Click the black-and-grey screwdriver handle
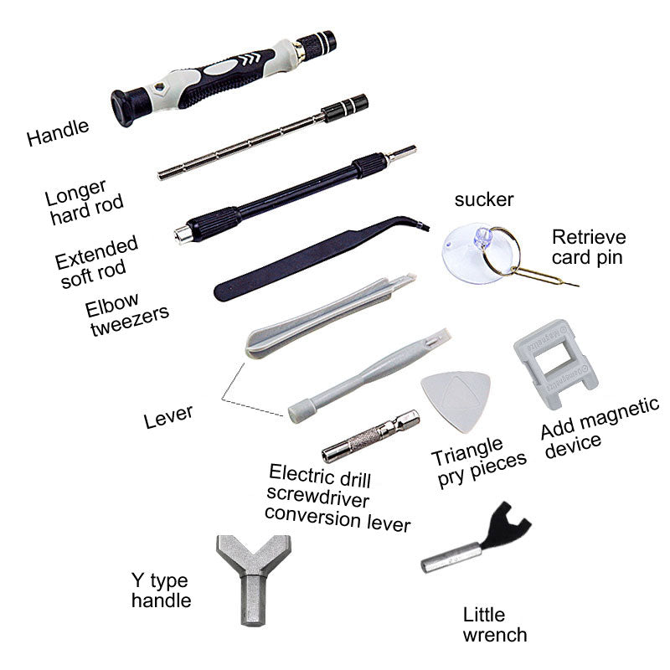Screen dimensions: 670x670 pos(222,78)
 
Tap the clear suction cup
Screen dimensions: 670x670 pos(474,254)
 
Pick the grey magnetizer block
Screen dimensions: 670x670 pos(554,363)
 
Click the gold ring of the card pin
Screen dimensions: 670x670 pos(504,251)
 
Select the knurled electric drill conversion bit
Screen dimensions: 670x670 pos(370,435)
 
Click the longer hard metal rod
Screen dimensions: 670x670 pos(263,137)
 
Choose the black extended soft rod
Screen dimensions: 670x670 pos(295,194)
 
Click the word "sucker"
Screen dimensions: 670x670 pos(484,199)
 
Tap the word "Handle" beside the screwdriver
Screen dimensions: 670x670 pos(58,132)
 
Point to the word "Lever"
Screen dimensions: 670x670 pos(168,416)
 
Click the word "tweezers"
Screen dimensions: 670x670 pos(130,321)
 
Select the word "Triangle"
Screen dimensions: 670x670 pos(466,451)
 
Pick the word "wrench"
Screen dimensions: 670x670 pos(495,635)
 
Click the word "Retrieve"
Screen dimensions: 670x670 pos(589,237)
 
